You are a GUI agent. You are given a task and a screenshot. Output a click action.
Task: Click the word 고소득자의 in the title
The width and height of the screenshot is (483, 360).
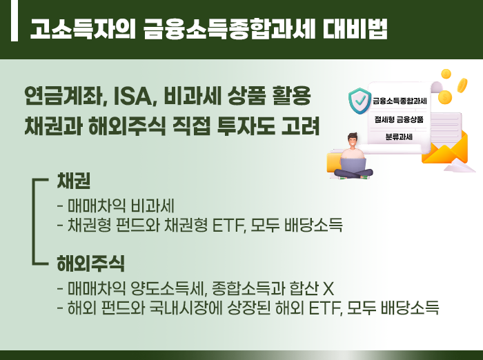coord(83,29)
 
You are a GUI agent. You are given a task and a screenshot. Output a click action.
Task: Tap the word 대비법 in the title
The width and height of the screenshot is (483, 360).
coord(355,29)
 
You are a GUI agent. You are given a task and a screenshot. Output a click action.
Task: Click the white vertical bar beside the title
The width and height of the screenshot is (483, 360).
coord(14,20)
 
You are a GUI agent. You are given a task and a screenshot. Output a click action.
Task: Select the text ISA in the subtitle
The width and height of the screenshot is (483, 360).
coord(132,96)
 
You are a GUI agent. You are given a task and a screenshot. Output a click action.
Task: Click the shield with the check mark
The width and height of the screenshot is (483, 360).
coord(359,101)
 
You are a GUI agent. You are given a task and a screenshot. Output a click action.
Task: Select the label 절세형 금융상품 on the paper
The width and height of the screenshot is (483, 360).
coord(399,119)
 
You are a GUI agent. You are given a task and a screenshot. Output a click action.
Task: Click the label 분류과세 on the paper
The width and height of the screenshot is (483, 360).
coord(399,137)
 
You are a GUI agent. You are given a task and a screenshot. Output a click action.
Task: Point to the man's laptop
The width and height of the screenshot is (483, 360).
coord(353,166)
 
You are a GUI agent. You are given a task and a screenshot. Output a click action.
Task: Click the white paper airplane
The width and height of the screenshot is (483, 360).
coord(459,168)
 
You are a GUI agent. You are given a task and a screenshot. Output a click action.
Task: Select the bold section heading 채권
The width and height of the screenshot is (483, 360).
coord(74,181)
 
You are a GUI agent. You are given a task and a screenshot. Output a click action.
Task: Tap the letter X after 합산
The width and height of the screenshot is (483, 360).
coord(328,289)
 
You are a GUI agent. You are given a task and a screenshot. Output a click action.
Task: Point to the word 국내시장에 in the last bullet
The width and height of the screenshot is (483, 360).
coord(186,308)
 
